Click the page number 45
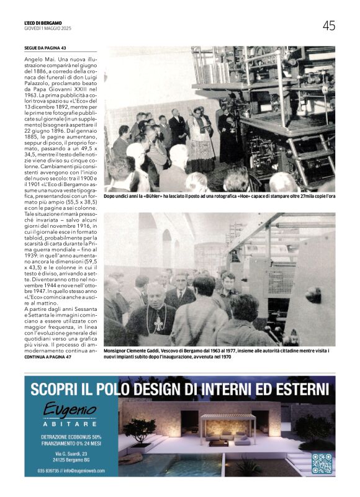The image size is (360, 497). coord(328,25)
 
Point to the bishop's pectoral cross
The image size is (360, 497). coord(158,323)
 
